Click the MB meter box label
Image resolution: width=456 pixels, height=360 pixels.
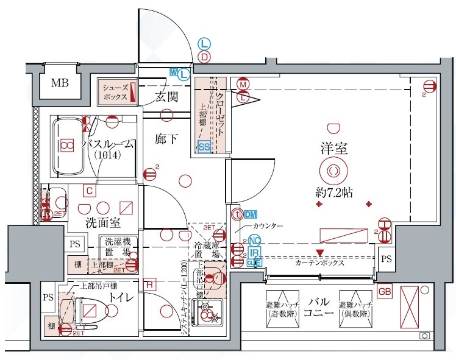pos(60,83)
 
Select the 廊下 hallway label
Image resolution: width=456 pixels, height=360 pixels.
pos(166,139)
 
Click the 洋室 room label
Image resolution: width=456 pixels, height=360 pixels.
pos(334,148)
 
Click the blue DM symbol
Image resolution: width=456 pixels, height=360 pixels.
pos(251,214)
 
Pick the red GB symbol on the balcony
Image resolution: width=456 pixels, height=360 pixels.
pos(384,292)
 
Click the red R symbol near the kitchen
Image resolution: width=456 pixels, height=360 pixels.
pos(149,284)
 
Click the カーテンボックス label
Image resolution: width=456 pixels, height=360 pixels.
pos(320,264)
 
